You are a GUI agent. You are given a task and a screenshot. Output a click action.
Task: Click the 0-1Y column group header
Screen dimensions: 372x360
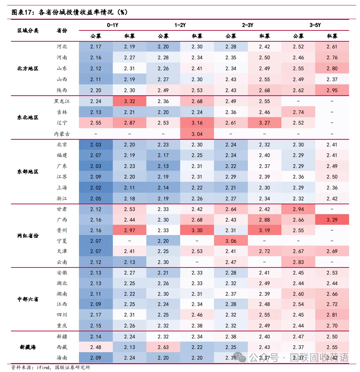[112, 25]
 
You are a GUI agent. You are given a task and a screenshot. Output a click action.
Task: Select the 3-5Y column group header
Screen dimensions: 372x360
[315, 25]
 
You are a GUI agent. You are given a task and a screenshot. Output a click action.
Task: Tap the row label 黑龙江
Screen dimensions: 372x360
[62, 101]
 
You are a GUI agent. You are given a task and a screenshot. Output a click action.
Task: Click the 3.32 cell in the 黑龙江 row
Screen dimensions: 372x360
[130, 101]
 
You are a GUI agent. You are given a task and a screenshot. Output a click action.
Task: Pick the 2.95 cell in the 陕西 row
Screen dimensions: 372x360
[332, 91]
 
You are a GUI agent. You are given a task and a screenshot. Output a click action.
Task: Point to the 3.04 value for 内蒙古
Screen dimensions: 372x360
[197, 134]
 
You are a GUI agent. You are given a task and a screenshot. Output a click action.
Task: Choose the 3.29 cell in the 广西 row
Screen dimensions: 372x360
[332, 220]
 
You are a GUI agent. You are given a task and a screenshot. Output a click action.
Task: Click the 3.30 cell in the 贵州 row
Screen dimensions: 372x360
[197, 231]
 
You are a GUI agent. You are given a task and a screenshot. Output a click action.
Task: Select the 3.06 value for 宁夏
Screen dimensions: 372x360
[231, 241]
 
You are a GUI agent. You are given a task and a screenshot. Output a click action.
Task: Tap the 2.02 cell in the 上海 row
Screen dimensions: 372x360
[96, 188]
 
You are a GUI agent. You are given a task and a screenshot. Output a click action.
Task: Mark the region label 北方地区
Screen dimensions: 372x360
[28, 69]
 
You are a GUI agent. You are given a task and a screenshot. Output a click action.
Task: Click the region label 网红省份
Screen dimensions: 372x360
[28, 236]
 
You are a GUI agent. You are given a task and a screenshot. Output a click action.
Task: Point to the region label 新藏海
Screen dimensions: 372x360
[28, 347]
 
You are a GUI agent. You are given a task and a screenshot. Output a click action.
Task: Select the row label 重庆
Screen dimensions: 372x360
[62, 326]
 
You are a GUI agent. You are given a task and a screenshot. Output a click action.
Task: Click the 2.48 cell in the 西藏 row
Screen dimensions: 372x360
[96, 347]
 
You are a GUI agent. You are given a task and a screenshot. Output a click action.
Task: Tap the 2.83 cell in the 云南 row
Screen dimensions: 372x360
[298, 262]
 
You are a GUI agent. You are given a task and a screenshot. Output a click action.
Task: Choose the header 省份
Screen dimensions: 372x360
[62, 30]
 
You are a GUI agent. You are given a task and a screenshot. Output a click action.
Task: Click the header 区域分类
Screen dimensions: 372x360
[28, 30]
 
